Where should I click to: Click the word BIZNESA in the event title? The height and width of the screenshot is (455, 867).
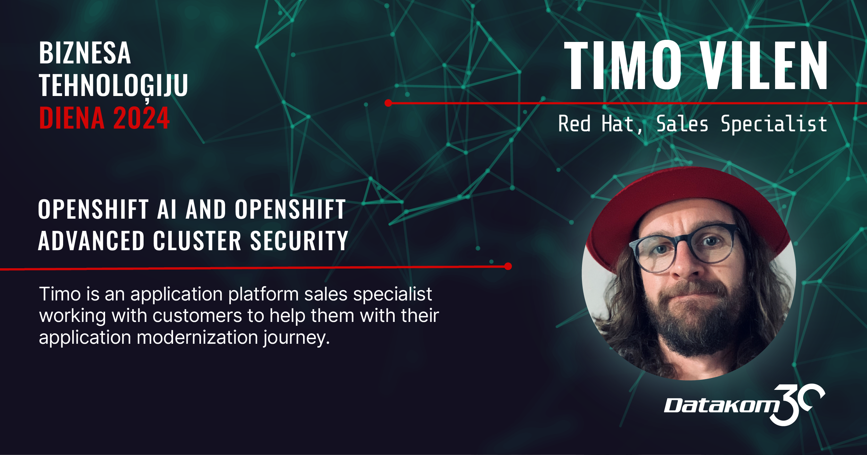pos(85,53)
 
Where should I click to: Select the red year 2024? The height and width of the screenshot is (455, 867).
pos(141,118)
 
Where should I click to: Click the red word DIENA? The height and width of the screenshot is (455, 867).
pos(72,118)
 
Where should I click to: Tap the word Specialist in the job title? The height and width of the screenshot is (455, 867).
pos(774,124)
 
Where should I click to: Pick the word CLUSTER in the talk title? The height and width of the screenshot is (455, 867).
pos(197,240)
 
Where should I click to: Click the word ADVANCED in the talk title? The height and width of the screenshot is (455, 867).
pos(91,240)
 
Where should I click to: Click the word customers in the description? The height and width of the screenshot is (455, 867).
pos(197,316)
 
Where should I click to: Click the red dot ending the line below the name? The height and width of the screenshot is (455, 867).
pos(388,103)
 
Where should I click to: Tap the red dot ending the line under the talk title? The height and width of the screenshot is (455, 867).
pos(508,266)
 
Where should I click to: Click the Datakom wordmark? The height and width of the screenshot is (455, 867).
pos(722,405)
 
